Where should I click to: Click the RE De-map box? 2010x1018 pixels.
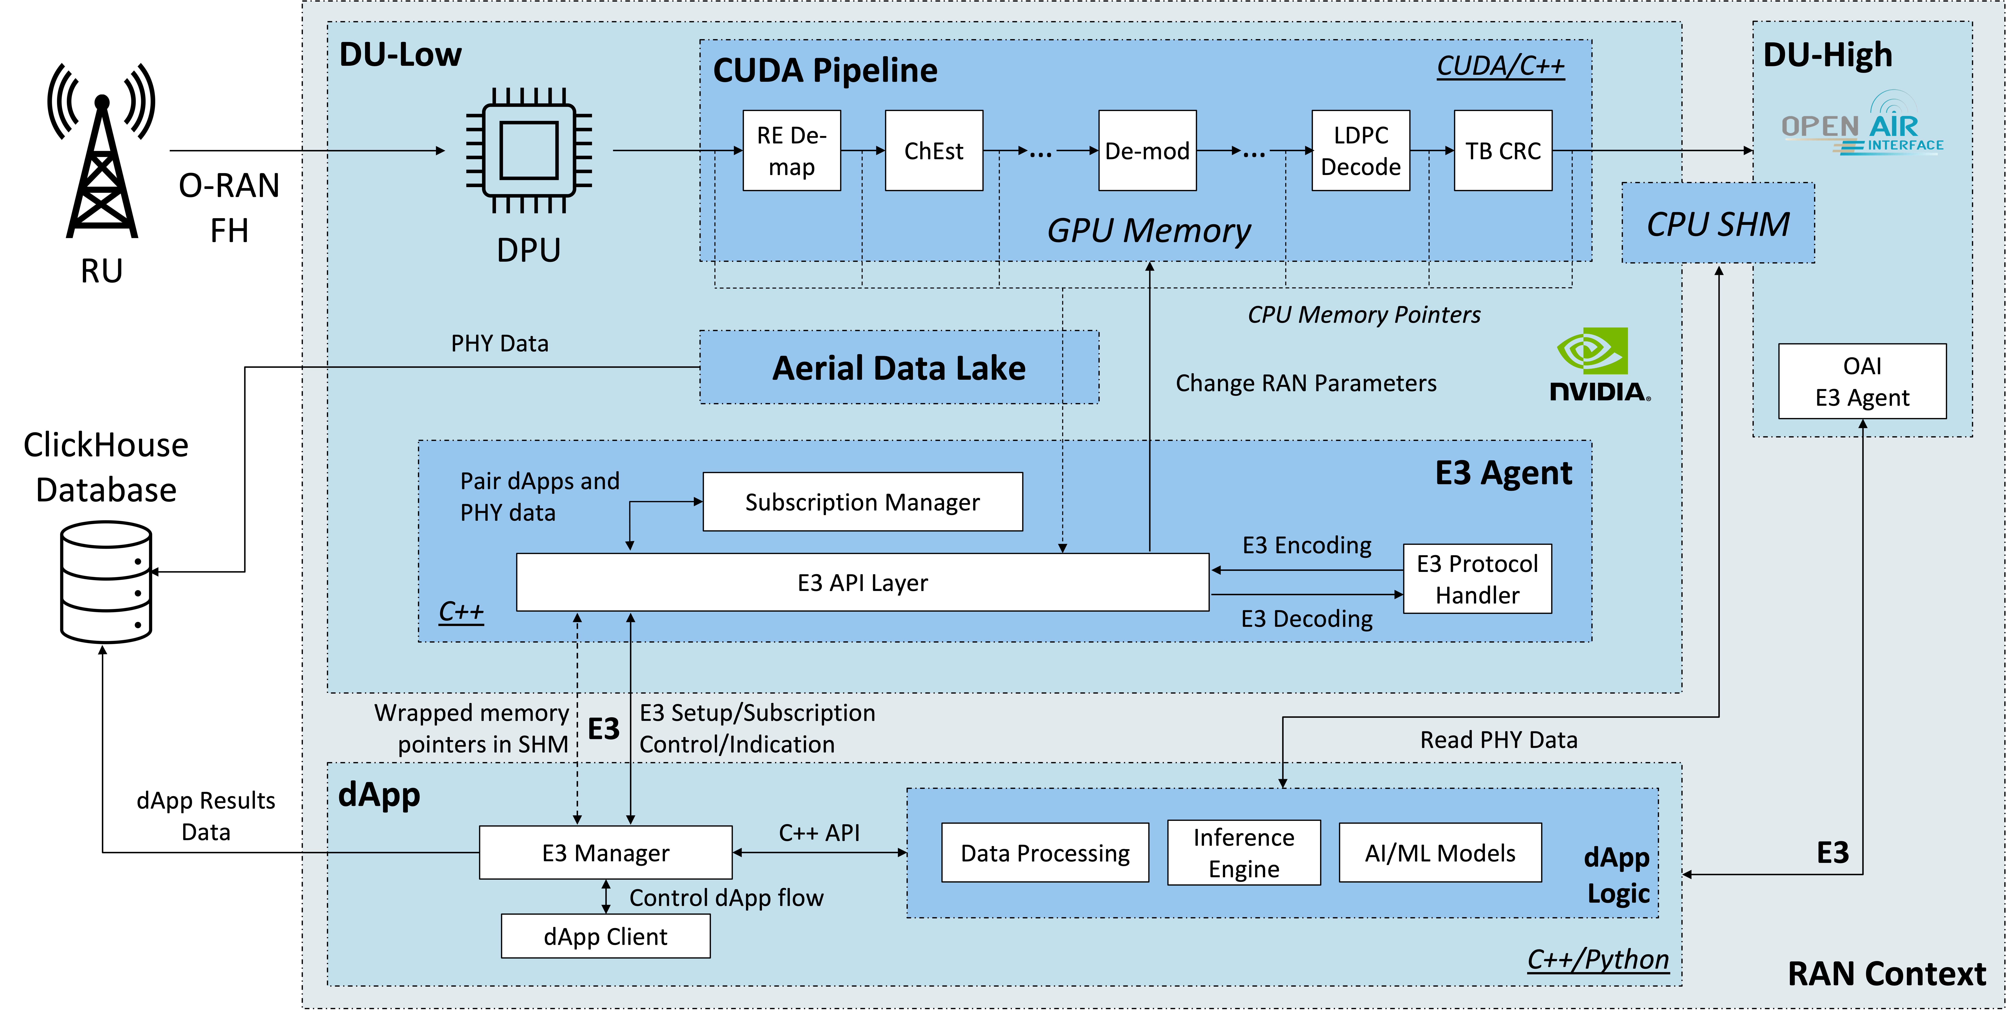791,151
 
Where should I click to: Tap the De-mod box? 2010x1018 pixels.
1147,151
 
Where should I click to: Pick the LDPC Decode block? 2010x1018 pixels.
1361,151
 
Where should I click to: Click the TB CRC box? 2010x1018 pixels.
1503,151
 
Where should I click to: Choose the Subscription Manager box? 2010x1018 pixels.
862,502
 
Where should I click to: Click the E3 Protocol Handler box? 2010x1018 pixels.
1477,579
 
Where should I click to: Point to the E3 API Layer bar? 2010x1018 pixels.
862,582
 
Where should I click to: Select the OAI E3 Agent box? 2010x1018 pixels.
1862,382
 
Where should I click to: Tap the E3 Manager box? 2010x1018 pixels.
605,853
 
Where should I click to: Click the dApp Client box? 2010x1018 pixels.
605,936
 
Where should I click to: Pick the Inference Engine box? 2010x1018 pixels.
1244,853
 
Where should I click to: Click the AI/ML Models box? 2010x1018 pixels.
1440,853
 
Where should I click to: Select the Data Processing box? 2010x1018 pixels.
1045,853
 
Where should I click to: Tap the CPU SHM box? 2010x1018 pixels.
1718,223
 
